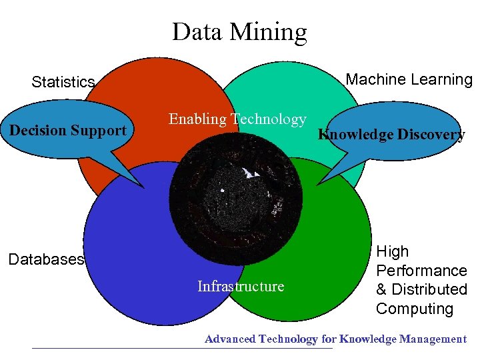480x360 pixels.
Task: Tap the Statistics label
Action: tap(63, 82)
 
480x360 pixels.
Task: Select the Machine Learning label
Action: tap(409, 79)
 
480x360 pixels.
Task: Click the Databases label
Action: tap(46, 259)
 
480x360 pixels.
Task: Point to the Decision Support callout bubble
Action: tap(67, 130)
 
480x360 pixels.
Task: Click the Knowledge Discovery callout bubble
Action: tap(391, 134)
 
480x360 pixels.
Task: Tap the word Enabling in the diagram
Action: tap(197, 119)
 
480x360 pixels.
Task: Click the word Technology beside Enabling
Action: tap(268, 119)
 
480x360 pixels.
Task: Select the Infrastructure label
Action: tap(241, 286)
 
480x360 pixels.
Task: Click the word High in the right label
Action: tap(393, 251)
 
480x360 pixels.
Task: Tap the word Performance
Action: tap(421, 271)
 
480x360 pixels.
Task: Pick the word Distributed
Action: tap(429, 289)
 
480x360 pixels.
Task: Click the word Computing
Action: tap(415, 309)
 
